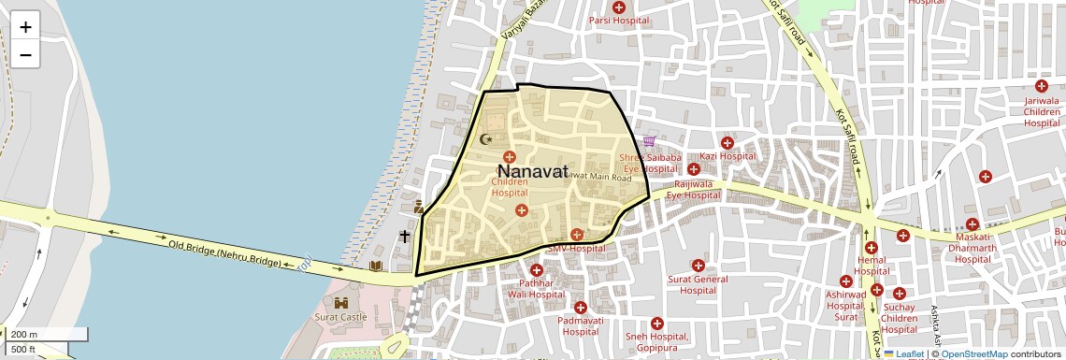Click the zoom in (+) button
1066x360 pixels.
click(x=25, y=27)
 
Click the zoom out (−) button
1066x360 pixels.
click(x=25, y=55)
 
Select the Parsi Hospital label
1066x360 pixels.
click(x=618, y=21)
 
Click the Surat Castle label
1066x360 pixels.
click(x=339, y=316)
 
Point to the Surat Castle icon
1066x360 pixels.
click(x=340, y=302)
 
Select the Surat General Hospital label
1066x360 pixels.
click(x=698, y=284)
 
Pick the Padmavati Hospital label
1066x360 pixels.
click(x=580, y=325)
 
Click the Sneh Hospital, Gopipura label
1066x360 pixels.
click(x=656, y=341)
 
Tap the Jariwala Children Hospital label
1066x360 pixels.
click(x=1042, y=111)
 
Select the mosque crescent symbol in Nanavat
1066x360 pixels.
click(x=485, y=139)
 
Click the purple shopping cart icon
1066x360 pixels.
click(x=649, y=141)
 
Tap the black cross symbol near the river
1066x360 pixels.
click(x=405, y=237)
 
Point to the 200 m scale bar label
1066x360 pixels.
click(x=24, y=334)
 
